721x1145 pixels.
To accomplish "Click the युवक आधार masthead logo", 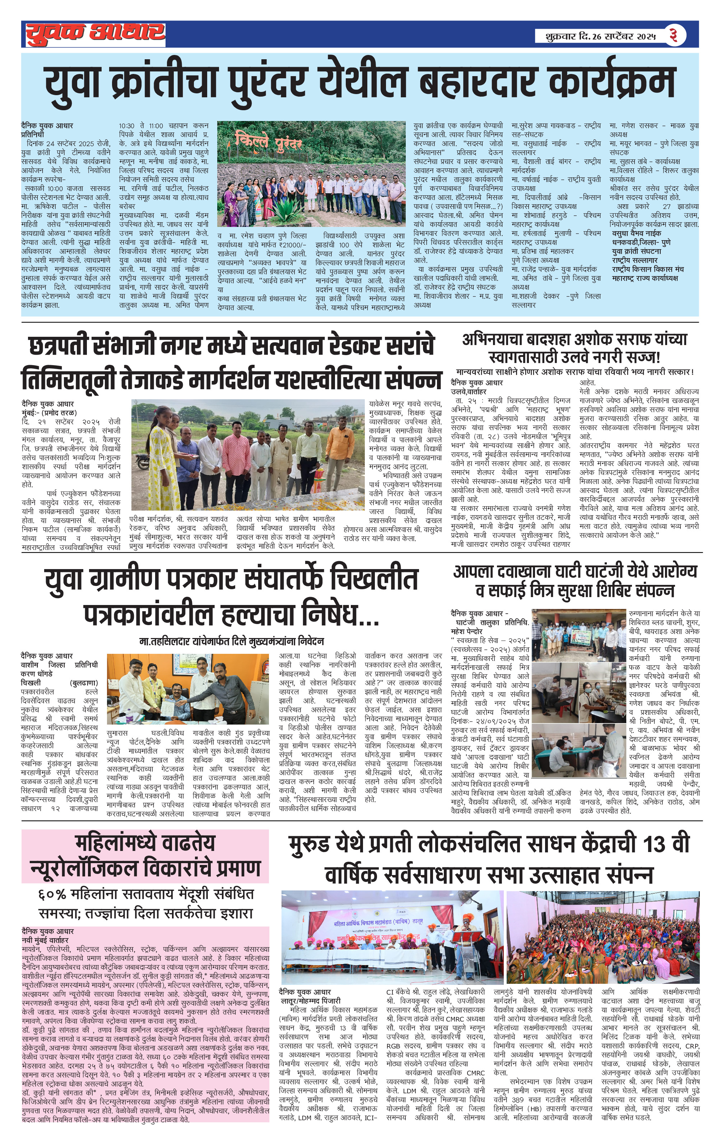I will [x=95, y=33].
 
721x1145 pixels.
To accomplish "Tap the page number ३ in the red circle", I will [x=674, y=35].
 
